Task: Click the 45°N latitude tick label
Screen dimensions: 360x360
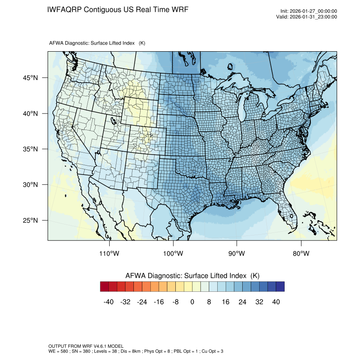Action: point(30,78)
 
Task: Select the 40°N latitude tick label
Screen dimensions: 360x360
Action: point(30,114)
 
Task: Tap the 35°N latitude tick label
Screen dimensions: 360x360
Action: point(30,149)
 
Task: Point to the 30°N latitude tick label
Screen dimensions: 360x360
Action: point(30,185)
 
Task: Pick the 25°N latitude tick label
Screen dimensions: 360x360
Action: point(30,220)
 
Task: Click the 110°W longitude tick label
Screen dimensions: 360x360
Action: point(110,254)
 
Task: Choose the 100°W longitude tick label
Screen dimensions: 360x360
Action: point(173,254)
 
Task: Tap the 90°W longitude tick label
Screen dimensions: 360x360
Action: point(237,254)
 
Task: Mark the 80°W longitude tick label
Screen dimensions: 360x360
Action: point(301,254)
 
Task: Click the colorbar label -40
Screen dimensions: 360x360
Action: point(109,302)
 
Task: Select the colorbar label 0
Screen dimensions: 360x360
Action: point(192,302)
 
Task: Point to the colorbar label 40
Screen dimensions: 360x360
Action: point(276,302)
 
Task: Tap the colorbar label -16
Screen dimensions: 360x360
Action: point(159,302)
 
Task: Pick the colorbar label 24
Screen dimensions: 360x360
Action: point(243,302)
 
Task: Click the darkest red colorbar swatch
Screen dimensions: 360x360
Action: point(105,287)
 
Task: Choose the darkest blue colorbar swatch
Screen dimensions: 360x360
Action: point(280,287)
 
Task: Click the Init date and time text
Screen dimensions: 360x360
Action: point(309,11)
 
